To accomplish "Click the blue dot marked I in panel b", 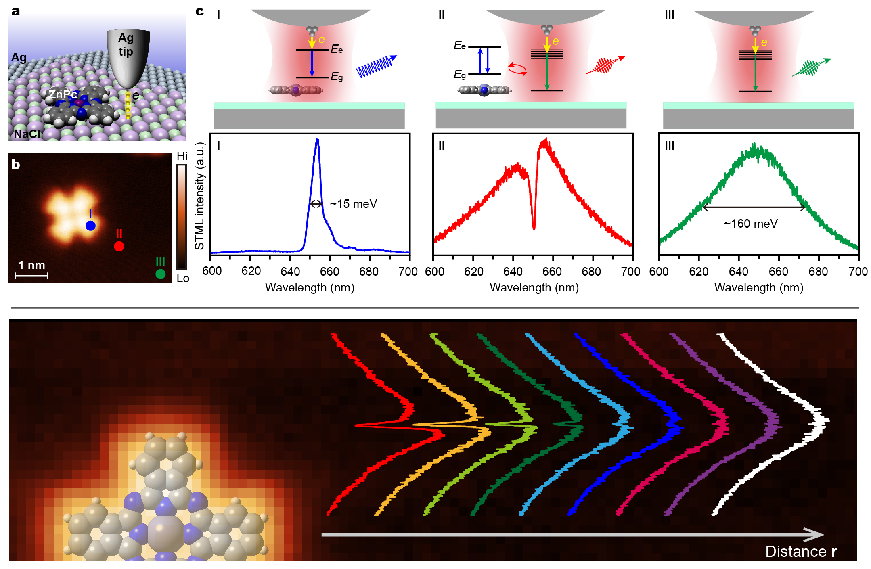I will point(90,226).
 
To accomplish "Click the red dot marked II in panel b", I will point(119,246).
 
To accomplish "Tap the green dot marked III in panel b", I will point(160,274).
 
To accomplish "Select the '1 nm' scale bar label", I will point(31,265).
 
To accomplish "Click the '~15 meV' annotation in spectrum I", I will point(354,204).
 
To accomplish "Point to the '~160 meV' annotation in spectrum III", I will point(750,224).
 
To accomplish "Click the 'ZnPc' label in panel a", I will point(63,94).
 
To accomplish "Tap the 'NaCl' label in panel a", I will point(27,134).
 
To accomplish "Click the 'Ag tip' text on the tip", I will point(126,44).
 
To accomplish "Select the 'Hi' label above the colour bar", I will point(182,156).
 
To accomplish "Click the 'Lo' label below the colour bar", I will point(183,278).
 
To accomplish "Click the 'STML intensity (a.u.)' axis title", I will point(199,196).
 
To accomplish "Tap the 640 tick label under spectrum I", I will point(290,271).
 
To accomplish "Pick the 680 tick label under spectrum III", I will point(819,272).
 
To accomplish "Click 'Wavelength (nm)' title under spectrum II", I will point(534,287).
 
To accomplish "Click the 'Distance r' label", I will point(801,551).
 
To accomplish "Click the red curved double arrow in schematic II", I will point(517,69).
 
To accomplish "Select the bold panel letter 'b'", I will point(16,165).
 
